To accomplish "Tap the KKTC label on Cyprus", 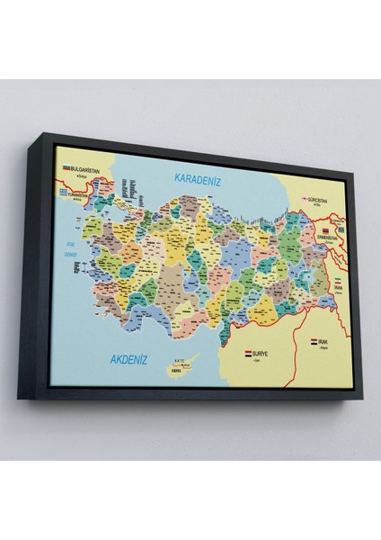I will (x=164, y=365).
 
